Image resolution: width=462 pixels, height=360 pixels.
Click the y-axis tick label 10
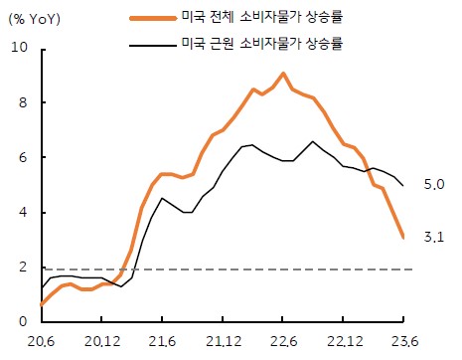click(18, 48)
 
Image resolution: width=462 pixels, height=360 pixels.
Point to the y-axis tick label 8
click(22, 102)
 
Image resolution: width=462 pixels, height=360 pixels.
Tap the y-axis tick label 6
click(22, 157)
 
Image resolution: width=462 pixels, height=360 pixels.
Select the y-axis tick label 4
click(22, 213)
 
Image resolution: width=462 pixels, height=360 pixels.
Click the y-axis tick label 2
click(22, 268)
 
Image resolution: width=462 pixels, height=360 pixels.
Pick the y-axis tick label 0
click(22, 322)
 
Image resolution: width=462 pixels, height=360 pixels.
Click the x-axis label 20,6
click(41, 345)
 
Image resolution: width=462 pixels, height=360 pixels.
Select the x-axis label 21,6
click(162, 345)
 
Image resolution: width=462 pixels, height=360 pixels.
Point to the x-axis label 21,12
click(222, 345)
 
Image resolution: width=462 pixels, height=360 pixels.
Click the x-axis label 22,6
click(283, 345)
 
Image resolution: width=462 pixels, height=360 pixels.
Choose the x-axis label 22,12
click(343, 345)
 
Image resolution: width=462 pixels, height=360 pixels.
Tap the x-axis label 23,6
click(403, 345)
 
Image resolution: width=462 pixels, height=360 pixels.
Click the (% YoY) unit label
click(36, 17)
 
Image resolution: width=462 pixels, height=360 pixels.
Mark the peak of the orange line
click(283, 74)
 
